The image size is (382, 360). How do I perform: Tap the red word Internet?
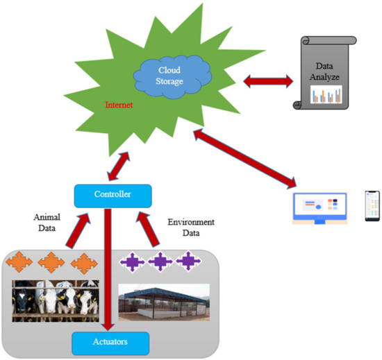click(118, 105)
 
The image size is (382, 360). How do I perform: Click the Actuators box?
click(111, 341)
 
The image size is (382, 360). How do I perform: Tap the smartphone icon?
click(373, 206)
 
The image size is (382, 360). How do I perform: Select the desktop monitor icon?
click(320, 207)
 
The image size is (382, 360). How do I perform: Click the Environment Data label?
click(191, 228)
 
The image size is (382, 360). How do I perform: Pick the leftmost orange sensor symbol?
click(18, 264)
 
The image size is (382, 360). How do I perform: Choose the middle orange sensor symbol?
click(51, 264)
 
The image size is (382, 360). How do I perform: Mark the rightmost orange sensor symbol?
click(82, 264)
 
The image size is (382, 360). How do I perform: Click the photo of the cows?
click(54, 300)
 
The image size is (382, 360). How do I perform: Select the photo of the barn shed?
click(164, 302)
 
